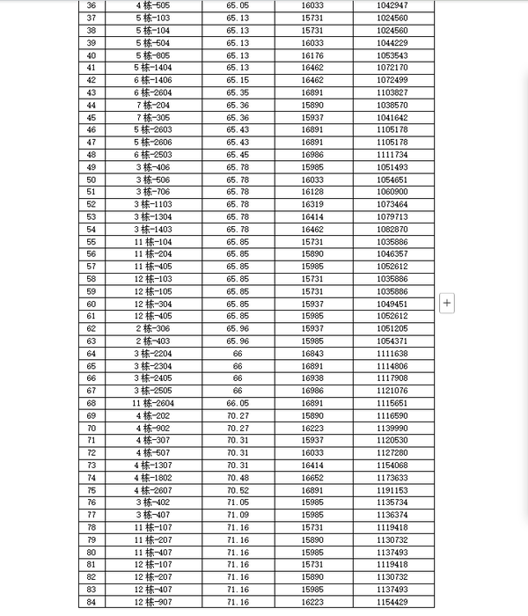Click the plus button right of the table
point(447,303)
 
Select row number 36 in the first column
point(92,5)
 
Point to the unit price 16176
point(313,55)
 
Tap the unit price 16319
point(313,204)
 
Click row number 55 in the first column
point(92,241)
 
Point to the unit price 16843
point(313,354)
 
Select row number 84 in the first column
point(92,602)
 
